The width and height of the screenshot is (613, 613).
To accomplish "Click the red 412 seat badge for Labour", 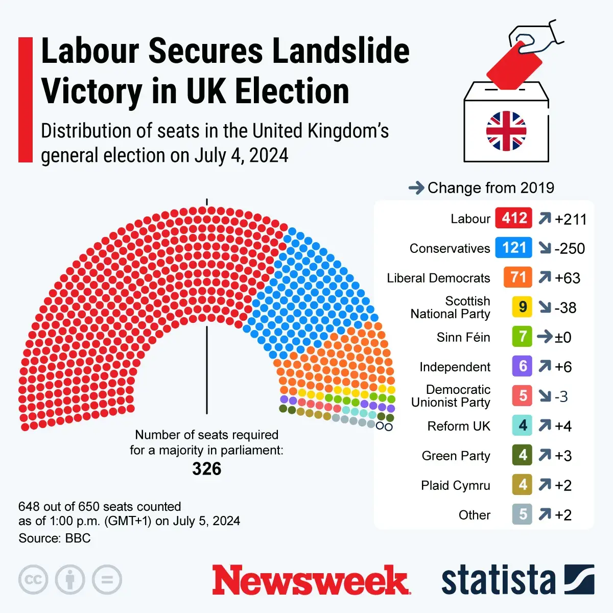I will point(514,218).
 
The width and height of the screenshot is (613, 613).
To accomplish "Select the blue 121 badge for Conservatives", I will point(513,248).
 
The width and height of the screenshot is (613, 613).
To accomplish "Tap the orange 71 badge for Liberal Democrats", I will point(517,277).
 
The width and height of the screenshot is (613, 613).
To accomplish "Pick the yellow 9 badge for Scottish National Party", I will point(522,307).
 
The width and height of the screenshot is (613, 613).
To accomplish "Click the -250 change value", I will point(570,249).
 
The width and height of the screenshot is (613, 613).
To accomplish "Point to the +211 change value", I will point(571,219).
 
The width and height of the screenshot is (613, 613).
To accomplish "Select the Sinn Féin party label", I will point(463,337).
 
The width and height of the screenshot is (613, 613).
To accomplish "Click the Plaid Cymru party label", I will point(455,485).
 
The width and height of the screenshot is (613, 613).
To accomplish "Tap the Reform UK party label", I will point(458,426).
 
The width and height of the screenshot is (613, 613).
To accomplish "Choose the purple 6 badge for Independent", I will point(522,366).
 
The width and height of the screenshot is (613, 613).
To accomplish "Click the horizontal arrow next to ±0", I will point(545,337).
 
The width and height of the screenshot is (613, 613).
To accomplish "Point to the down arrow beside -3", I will point(545,396).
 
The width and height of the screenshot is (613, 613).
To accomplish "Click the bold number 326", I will point(207,469).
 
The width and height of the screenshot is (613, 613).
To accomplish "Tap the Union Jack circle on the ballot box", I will point(506,131).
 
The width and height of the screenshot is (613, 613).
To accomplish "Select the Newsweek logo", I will point(311,580).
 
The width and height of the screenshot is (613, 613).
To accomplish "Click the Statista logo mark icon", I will point(579,580).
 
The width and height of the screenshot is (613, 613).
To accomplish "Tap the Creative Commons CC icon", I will point(33,580).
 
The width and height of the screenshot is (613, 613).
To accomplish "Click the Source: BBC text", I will point(55,538).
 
